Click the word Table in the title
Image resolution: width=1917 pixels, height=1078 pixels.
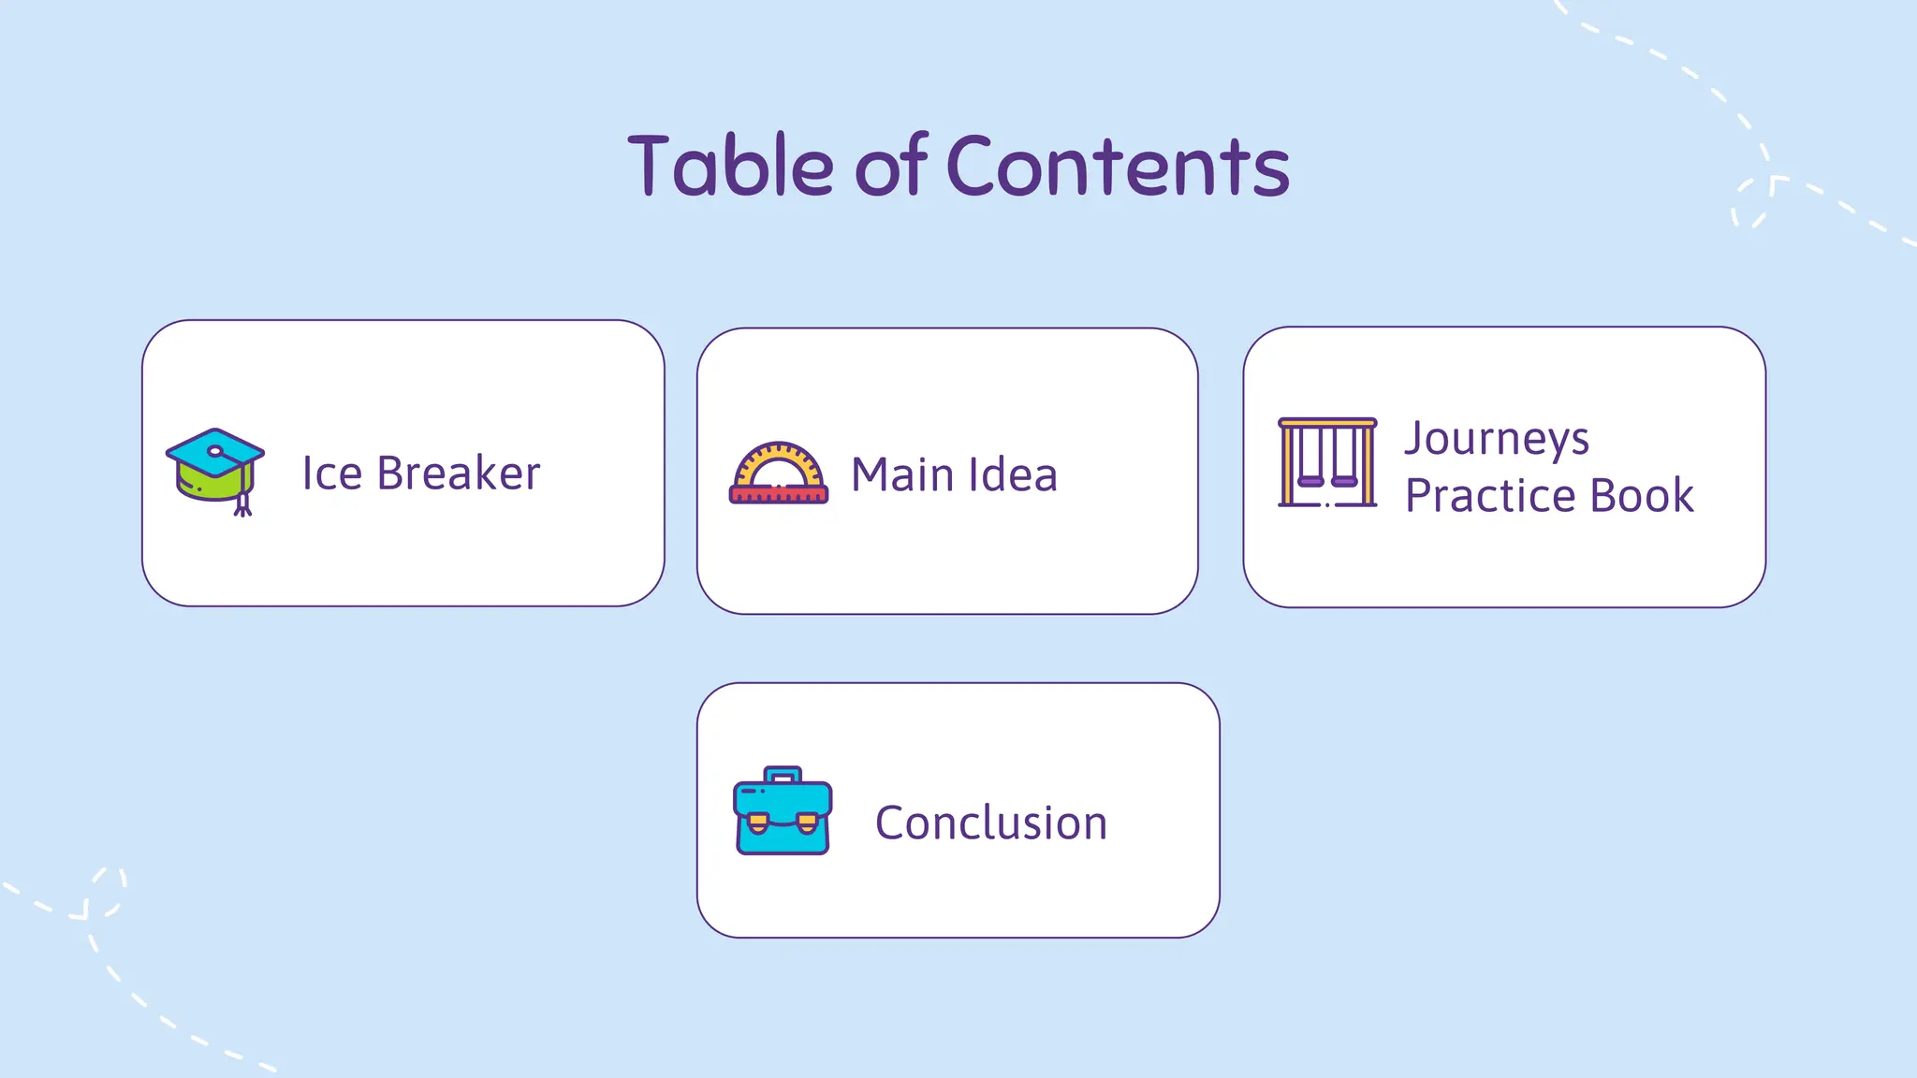(730, 167)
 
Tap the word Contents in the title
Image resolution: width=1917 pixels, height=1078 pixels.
(1118, 167)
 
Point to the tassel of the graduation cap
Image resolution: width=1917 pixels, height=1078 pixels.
(243, 503)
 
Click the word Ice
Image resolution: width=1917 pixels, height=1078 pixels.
(331, 473)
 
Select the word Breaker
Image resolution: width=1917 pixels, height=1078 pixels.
(459, 473)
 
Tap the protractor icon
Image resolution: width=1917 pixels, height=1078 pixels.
(778, 473)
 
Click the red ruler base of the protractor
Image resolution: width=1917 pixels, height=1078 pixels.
(778, 495)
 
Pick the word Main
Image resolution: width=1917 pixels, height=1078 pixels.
(902, 474)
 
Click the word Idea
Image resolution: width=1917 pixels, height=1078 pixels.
(1013, 474)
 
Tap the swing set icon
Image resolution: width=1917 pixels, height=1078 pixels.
(1327, 462)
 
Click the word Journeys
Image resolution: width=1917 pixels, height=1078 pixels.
(1497, 440)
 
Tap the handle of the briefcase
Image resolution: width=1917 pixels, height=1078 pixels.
(783, 774)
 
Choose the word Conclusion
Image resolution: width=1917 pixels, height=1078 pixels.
(991, 823)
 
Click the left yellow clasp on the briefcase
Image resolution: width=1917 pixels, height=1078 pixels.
(758, 823)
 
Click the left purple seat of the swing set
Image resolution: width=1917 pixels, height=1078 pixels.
(1310, 481)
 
